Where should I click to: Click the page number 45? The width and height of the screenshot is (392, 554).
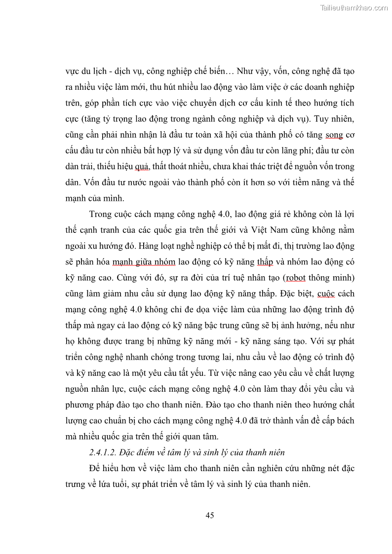point(209,516)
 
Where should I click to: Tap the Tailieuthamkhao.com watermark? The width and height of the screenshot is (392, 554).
point(354,7)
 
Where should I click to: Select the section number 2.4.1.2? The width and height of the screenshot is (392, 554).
point(102,452)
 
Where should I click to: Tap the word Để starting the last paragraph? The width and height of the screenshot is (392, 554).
point(95,468)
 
